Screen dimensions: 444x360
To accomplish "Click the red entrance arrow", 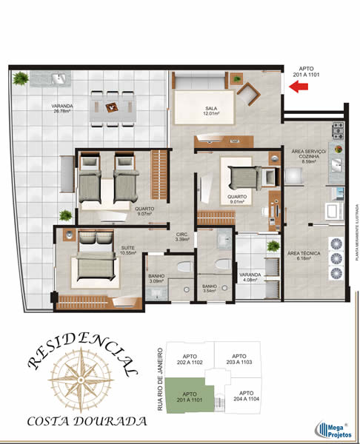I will click(299, 88).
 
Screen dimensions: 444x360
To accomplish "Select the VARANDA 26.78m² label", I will click(62, 109).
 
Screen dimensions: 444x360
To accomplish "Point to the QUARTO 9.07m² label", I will click(144, 211).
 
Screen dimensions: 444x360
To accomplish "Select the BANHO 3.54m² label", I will click(210, 289).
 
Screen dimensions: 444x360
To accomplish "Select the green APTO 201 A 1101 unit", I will click(189, 397).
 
